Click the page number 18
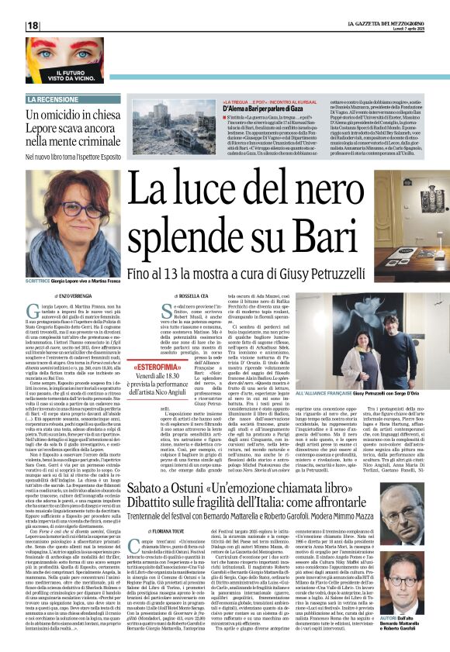[x=33, y=26]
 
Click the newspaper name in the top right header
[x=385, y=26]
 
